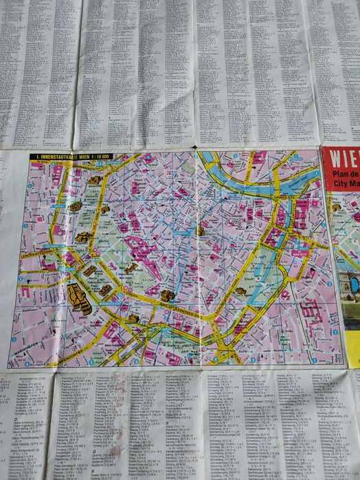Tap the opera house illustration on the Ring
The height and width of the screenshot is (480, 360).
(167, 296)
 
